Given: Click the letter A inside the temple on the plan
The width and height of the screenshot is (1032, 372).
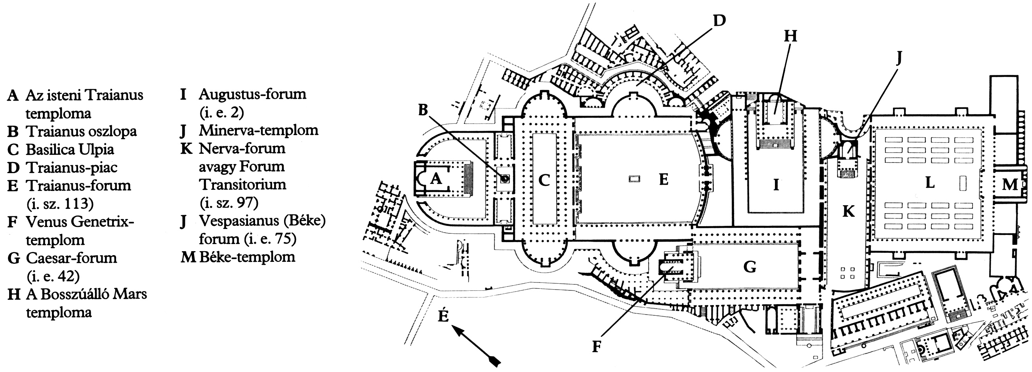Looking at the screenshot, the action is [436, 179].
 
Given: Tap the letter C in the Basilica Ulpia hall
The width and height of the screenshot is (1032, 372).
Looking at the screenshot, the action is [544, 181].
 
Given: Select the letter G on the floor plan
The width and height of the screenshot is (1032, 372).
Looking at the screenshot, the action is [750, 267].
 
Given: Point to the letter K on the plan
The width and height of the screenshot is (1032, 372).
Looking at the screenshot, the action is [848, 211].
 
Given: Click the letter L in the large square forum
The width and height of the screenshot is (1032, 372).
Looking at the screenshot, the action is [930, 183].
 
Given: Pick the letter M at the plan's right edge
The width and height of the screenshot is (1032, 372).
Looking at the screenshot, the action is [1009, 185].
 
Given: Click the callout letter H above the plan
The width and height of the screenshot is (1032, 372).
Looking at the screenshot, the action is [790, 36].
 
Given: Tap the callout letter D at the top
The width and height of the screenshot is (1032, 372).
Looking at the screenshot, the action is [719, 21].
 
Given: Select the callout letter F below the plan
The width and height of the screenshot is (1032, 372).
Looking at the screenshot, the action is [597, 347].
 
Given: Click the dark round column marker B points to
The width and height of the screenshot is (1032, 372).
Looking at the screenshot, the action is [504, 179].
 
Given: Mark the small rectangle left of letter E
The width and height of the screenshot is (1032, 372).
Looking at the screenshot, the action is [634, 180].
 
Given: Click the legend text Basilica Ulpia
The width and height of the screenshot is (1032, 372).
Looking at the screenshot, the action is [70, 149].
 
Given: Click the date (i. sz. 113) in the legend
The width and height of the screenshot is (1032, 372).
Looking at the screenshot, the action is [60, 204].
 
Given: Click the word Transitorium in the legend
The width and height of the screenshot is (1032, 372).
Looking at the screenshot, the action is [243, 185].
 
